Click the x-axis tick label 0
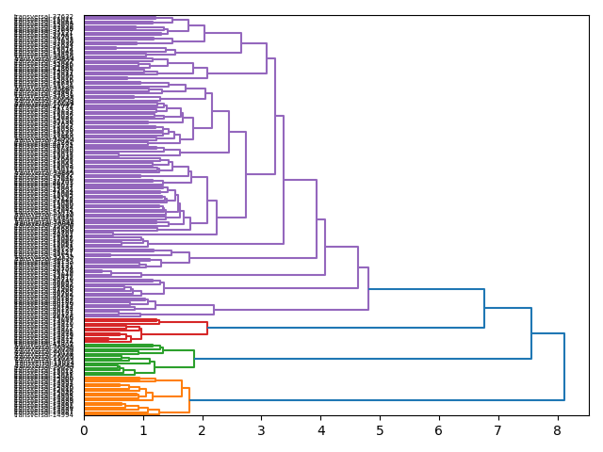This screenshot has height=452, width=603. [x=84, y=430]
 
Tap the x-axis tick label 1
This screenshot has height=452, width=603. [x=143, y=430]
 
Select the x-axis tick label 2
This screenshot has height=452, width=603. [x=203, y=430]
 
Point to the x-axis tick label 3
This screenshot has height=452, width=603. [x=261, y=430]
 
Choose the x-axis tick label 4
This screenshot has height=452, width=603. [x=320, y=430]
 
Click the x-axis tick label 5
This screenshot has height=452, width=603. [x=380, y=430]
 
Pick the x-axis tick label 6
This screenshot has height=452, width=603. [x=438, y=430]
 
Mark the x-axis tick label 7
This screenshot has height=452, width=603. [x=497, y=430]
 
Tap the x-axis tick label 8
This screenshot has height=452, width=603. [x=557, y=430]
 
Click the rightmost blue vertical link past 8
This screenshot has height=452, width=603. [x=564, y=366]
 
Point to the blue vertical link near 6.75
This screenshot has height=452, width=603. [x=484, y=308]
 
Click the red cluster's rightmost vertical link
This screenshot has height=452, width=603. [x=207, y=328]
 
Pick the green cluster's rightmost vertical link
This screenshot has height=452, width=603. [x=194, y=359]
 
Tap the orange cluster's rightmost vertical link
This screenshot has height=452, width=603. [x=189, y=400]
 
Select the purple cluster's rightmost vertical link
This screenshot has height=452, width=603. [x=368, y=289]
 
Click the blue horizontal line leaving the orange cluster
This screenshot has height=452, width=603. [x=377, y=400]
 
